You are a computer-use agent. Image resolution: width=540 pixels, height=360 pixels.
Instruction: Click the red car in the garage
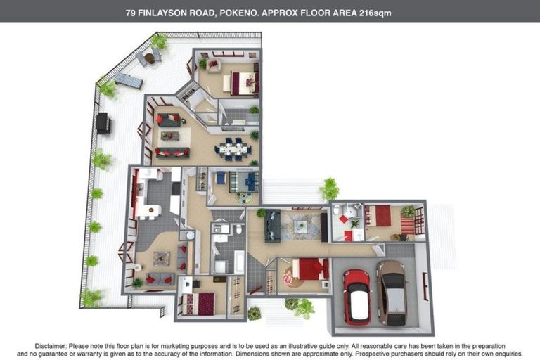point(356,295)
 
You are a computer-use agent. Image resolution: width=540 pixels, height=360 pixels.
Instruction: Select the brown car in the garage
point(390,291)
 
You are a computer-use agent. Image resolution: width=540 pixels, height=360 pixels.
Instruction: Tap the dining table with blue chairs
point(232,149)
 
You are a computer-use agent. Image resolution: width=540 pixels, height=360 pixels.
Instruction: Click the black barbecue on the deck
point(103,124)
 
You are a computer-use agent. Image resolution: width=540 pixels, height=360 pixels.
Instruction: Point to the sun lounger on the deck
point(129,81)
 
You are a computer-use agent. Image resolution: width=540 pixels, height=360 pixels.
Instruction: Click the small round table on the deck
point(150,57)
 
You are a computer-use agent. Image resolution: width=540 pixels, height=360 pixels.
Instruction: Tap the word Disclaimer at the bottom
point(51,346)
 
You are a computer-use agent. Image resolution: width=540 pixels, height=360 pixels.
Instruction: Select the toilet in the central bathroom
point(239,229)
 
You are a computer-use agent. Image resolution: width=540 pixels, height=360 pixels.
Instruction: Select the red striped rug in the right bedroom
point(408,226)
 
